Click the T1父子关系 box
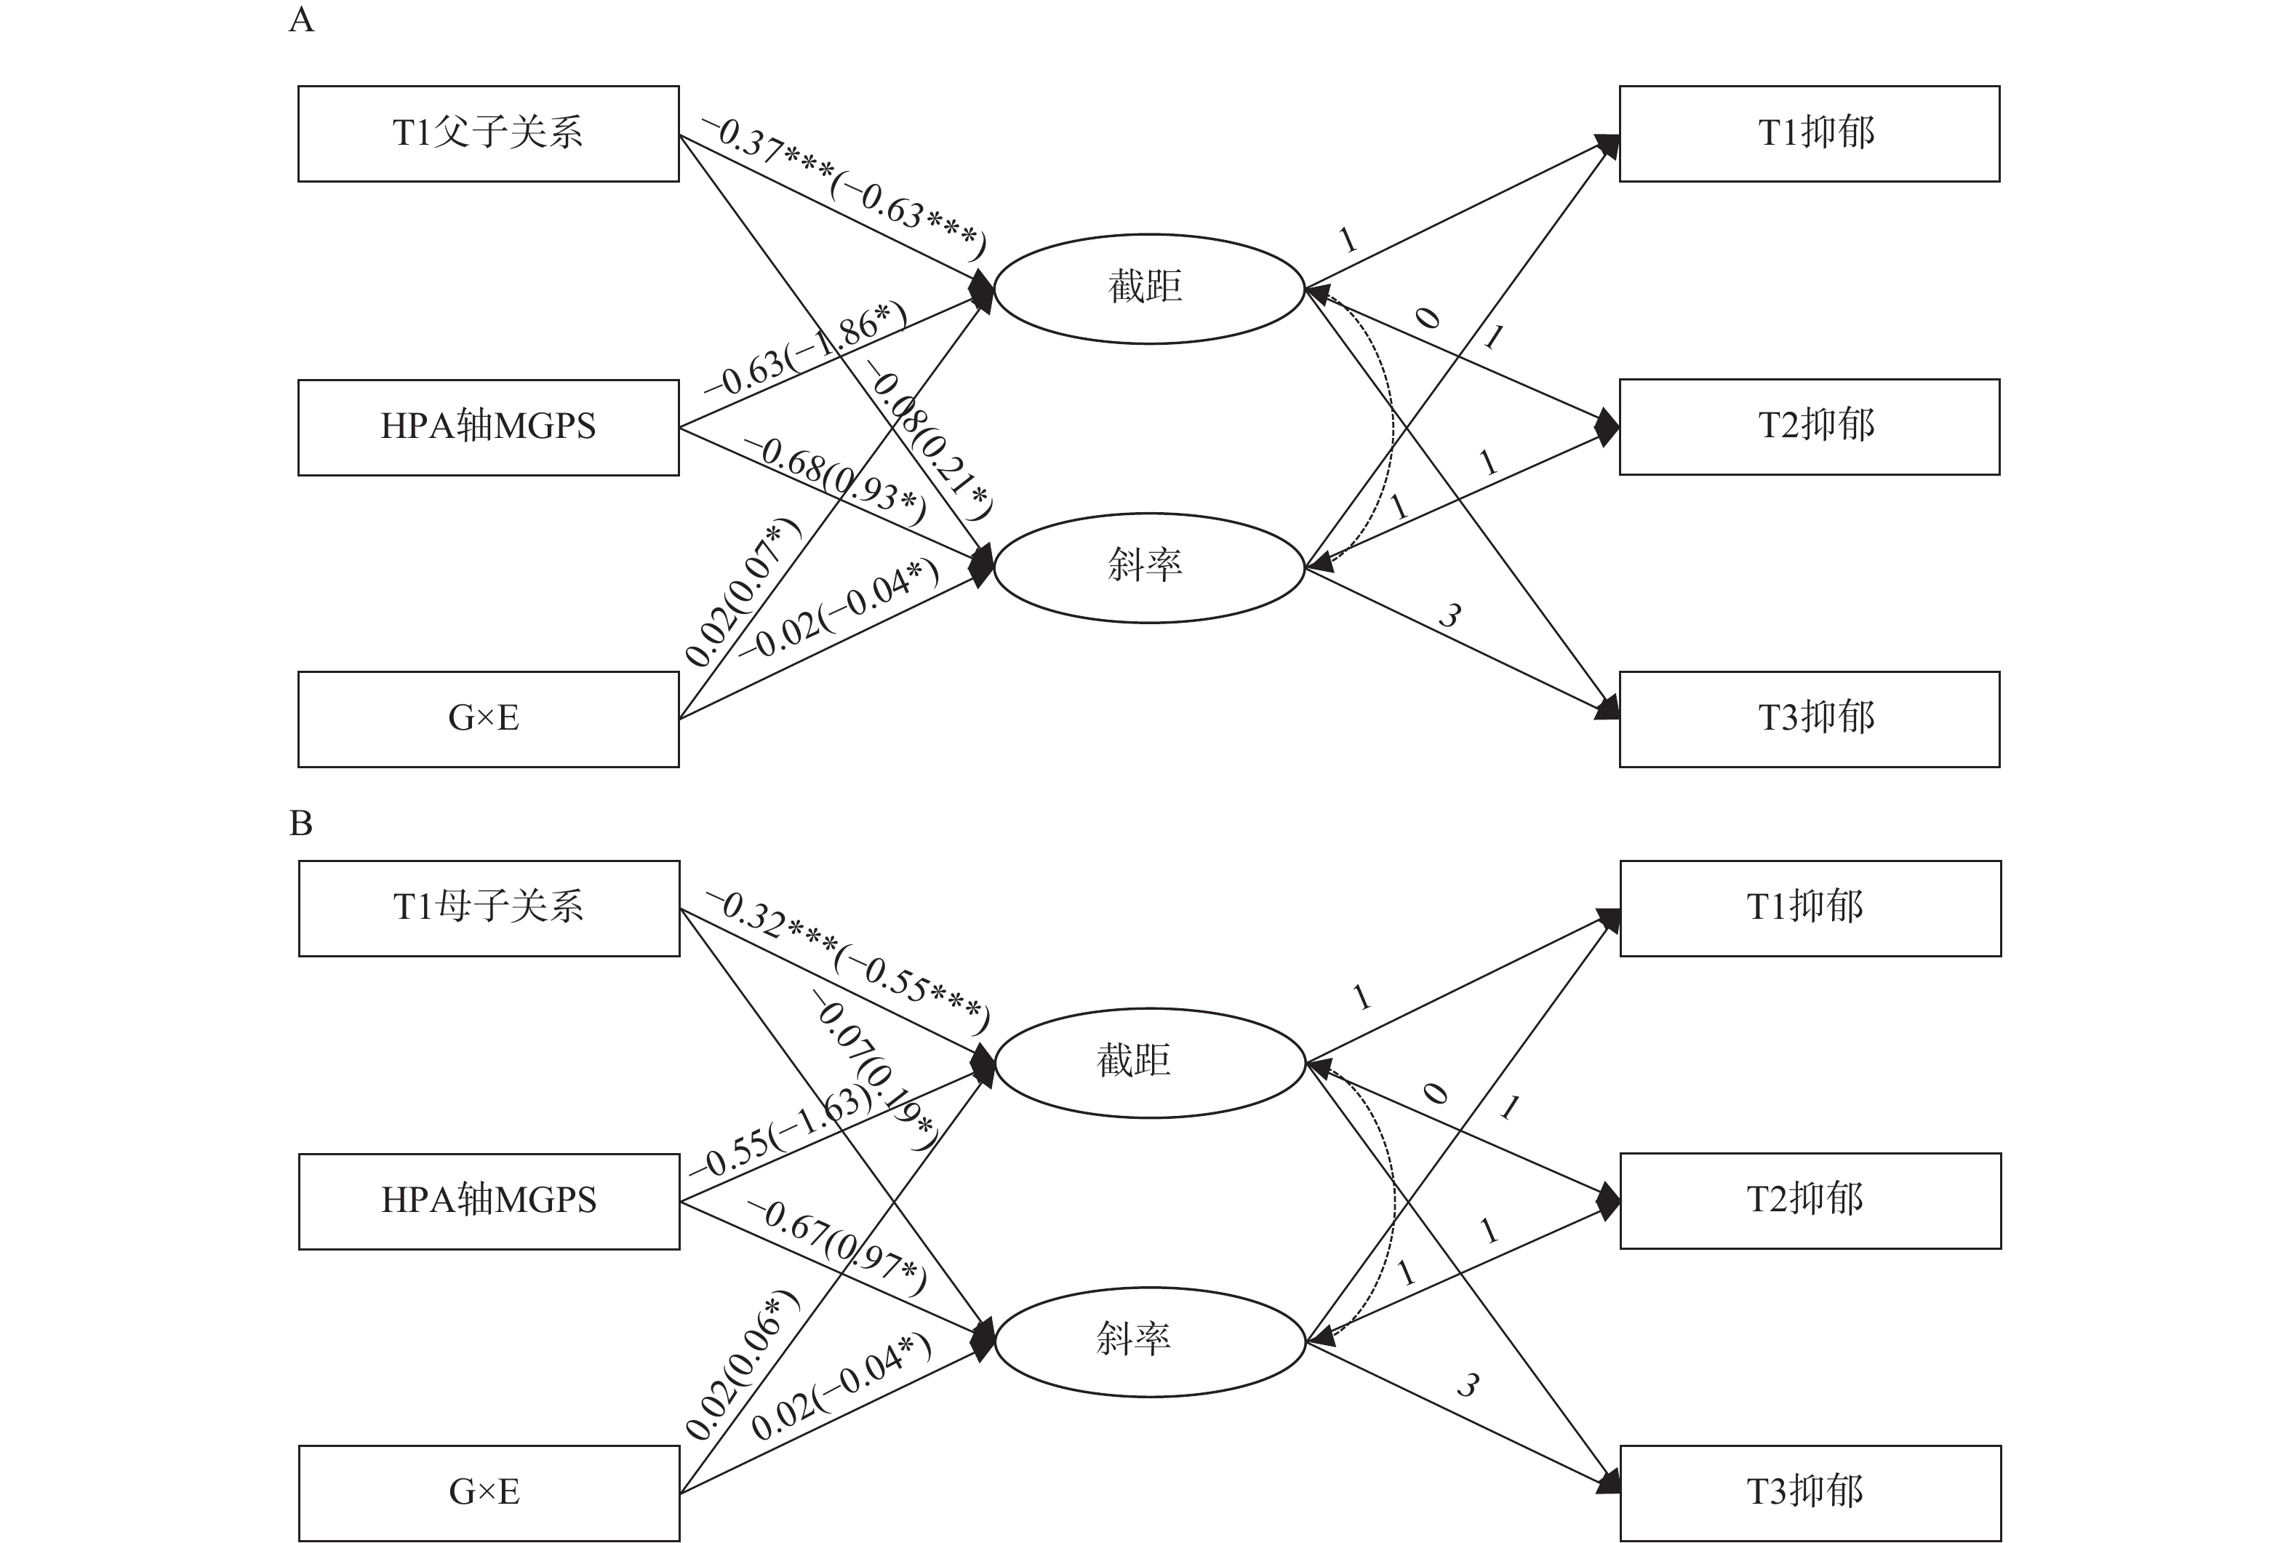[488, 134]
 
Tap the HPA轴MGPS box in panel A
[488, 427]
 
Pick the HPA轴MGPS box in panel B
[489, 1200]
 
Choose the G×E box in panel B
[489, 1492]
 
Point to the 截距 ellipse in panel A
[1148, 288]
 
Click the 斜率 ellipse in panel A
[1148, 567]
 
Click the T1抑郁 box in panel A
[1809, 134]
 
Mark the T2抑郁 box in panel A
[1809, 426]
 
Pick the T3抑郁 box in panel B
[1810, 1492]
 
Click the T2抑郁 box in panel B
[1810, 1200]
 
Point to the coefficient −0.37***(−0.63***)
[843, 187]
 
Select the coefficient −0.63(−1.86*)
[806, 351]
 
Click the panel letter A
[301, 20]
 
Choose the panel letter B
[301, 823]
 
